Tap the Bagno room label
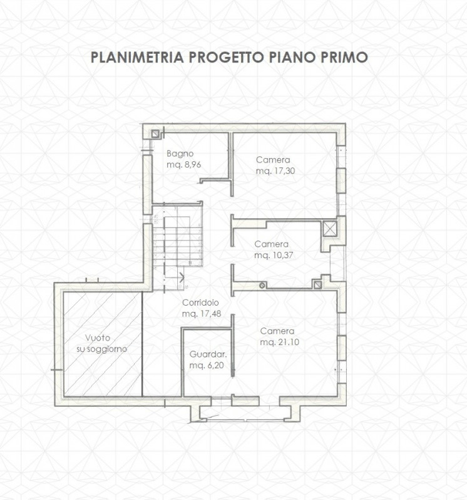tap(180, 154)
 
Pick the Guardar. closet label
tap(207, 353)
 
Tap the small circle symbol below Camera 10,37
tap(262, 286)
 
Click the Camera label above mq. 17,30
tap(272, 159)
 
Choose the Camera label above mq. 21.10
tap(277, 331)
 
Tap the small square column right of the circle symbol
tap(318, 285)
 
